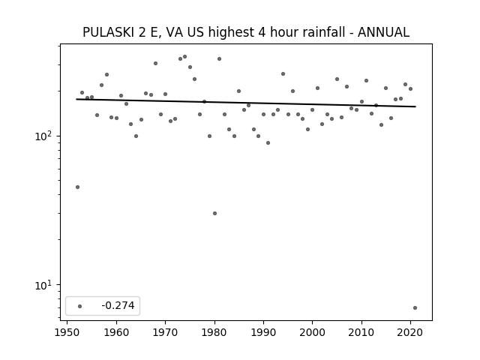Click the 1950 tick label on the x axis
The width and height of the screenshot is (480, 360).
pyautogui.click(x=67, y=332)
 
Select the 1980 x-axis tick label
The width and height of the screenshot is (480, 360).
pyautogui.click(x=214, y=332)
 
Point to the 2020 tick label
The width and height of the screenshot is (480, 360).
pyautogui.click(x=410, y=332)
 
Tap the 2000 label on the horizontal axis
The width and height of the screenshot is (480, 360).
pyautogui.click(x=312, y=332)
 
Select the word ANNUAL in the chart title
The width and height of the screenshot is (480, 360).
pyautogui.click(x=383, y=32)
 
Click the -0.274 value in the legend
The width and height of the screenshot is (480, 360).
pyautogui.click(x=118, y=305)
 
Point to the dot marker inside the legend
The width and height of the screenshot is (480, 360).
pyautogui.click(x=80, y=306)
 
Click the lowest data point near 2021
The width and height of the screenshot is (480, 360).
pyautogui.click(x=415, y=307)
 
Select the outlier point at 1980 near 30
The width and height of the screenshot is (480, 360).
pyautogui.click(x=215, y=213)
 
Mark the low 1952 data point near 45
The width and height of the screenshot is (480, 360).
pyautogui.click(x=77, y=187)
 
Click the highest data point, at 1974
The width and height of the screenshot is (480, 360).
pyautogui.click(x=185, y=57)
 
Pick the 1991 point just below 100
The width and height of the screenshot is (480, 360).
pyautogui.click(x=268, y=143)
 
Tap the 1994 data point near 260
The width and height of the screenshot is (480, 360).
pyautogui.click(x=283, y=73)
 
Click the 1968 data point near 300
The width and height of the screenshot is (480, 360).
pyautogui.click(x=155, y=63)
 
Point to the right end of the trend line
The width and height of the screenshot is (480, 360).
pyautogui.click(x=415, y=106)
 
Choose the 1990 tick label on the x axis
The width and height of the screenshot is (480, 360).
pyautogui.click(x=263, y=332)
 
